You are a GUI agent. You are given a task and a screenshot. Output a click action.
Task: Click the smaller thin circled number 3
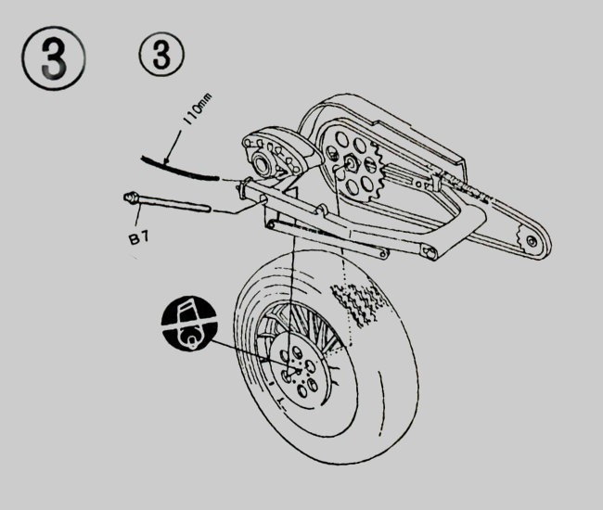[x=161, y=57]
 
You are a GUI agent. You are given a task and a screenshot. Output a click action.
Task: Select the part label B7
[x=138, y=237]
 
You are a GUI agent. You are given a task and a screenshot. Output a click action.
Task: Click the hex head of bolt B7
[x=131, y=197]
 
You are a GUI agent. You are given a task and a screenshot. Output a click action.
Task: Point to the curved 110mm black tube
[x=176, y=167]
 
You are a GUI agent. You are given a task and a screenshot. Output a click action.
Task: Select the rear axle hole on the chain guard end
[x=530, y=240]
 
